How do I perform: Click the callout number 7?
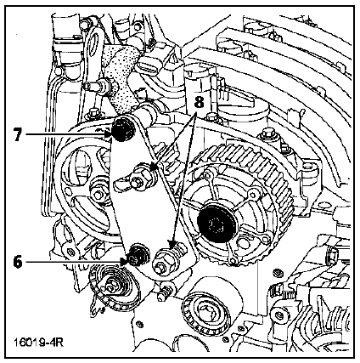tap(18, 134)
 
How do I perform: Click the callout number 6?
tap(18, 262)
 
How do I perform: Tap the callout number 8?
tap(200, 102)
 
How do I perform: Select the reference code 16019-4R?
tap(38, 343)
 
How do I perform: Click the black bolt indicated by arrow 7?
tap(123, 129)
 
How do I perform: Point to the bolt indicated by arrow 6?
tap(138, 254)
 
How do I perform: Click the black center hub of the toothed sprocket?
tap(217, 224)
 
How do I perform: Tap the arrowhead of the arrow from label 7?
tap(108, 134)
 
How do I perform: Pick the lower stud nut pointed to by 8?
tap(166, 260)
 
